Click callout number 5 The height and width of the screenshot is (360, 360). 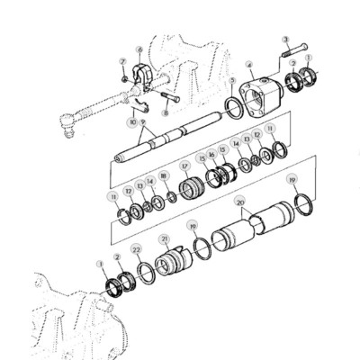[233, 80]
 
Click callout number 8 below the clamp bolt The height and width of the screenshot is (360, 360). [166, 113]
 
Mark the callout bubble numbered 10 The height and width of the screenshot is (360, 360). [132, 121]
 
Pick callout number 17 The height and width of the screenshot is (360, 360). [184, 166]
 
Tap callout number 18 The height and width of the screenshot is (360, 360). [163, 175]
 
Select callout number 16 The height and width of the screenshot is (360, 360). [211, 155]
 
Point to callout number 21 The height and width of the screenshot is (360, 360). [165, 239]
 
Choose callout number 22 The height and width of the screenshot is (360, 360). [136, 248]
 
